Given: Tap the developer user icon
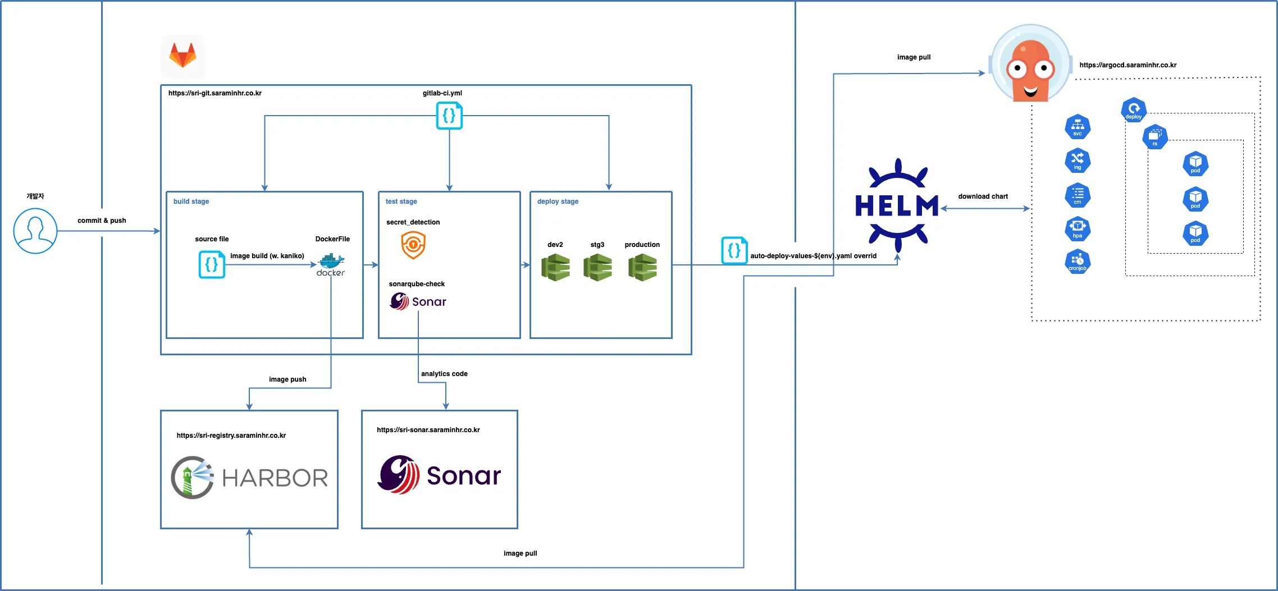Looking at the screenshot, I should pos(35,231).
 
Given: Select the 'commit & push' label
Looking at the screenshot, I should pos(102,221).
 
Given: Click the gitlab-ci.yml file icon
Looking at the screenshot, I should pos(449,116).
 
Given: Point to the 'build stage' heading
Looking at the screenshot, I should pos(191,201).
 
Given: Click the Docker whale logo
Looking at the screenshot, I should pos(331,264).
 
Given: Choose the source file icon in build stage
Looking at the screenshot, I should pos(212,264).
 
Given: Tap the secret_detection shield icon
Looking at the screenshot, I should pos(413,245).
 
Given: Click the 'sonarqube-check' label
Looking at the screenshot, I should pos(417,284).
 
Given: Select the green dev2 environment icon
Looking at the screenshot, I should pos(555,267).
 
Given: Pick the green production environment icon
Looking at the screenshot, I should pos(642,267).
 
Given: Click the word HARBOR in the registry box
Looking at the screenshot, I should pos(275,478).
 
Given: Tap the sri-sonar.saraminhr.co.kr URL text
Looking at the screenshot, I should pos(428,430).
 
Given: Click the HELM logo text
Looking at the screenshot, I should pos(897,206).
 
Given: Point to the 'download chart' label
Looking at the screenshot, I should pos(983,196).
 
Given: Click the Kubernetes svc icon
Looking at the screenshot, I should pos(1078,127).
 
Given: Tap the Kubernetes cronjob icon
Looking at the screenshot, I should pos(1078,262).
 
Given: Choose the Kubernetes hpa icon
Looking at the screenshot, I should pos(1078,228).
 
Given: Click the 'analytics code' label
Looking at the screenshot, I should pos(444,374).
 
